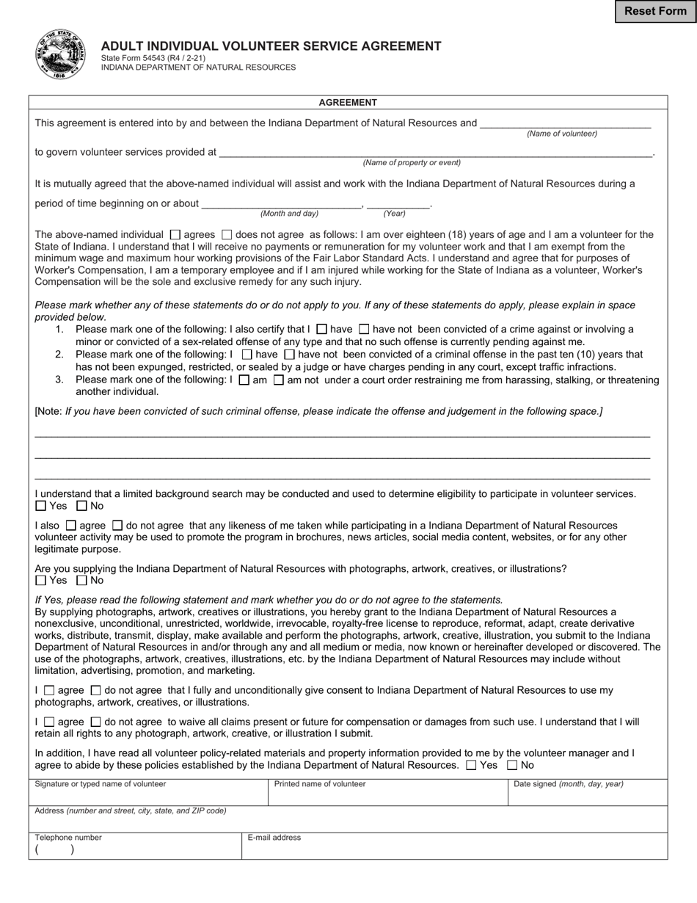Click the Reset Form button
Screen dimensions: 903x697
pyautogui.click(x=655, y=11)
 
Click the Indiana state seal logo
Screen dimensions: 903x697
pyautogui.click(x=60, y=56)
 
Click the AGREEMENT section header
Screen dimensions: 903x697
pyautogui.click(x=348, y=103)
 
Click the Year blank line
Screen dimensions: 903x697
pyautogui.click(x=398, y=203)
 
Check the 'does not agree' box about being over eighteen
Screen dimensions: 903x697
pyautogui.click(x=227, y=235)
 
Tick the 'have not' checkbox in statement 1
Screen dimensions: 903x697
pyautogui.click(x=364, y=330)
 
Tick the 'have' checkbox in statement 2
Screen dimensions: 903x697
pyautogui.click(x=247, y=355)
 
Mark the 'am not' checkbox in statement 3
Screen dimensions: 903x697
pyautogui.click(x=279, y=380)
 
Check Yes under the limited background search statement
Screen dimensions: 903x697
pyautogui.click(x=41, y=506)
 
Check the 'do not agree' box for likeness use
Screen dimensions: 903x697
pyautogui.click(x=117, y=526)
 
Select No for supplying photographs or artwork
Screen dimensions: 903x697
pyautogui.click(x=81, y=581)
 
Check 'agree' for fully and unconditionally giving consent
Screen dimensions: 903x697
pyautogui.click(x=49, y=691)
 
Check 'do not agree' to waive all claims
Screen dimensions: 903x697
pyautogui.click(x=95, y=722)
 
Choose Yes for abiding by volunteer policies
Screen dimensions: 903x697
pyautogui.click(x=472, y=765)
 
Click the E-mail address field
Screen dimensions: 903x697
pyautogui.click(x=454, y=849)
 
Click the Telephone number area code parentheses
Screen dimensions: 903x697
pyautogui.click(x=54, y=850)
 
